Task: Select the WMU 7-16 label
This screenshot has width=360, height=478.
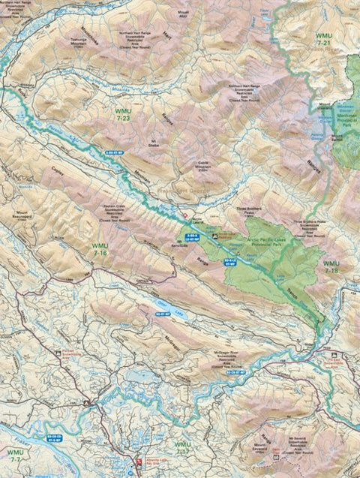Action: point(99,249)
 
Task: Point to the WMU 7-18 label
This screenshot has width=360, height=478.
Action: point(331,267)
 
